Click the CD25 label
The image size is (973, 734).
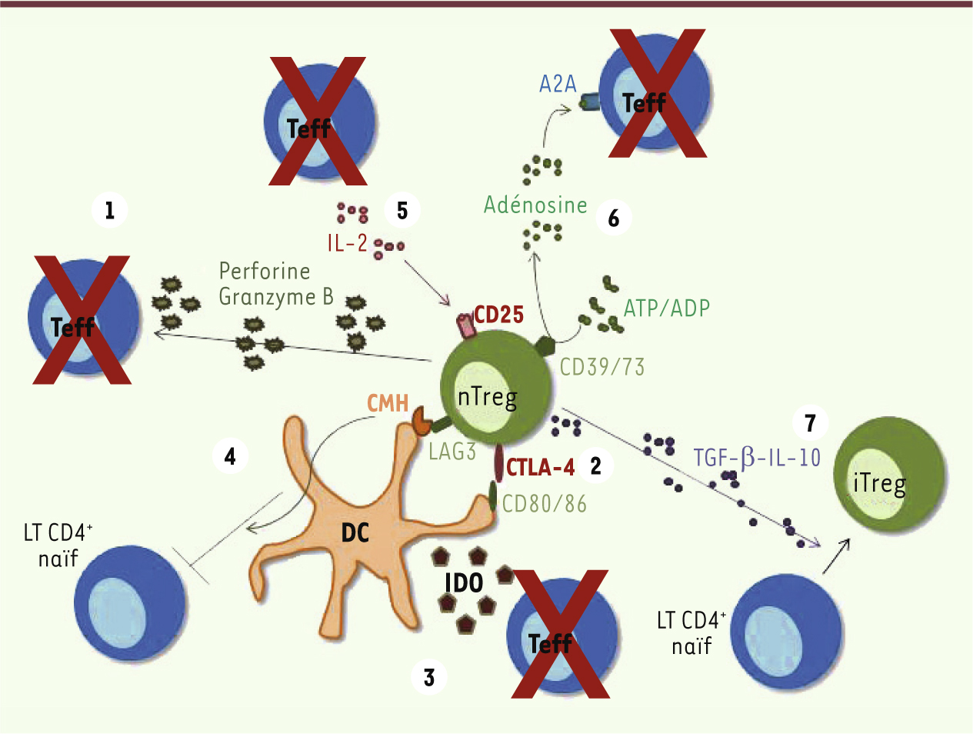pyautogui.click(x=498, y=315)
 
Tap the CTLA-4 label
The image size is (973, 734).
pyautogui.click(x=541, y=467)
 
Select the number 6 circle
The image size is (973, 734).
pyautogui.click(x=614, y=218)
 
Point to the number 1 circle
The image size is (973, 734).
pyautogui.click(x=109, y=209)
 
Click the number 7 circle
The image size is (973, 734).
pyautogui.click(x=810, y=423)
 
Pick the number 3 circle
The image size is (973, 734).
pyautogui.click(x=428, y=677)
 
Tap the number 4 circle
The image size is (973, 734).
pyautogui.click(x=230, y=456)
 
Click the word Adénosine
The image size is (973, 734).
pyautogui.click(x=535, y=205)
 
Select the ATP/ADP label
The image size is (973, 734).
pyautogui.click(x=667, y=308)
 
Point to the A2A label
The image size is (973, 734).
pyautogui.click(x=558, y=84)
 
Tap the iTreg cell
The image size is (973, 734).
pyautogui.click(x=890, y=474)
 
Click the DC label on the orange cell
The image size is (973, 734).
pyautogui.click(x=355, y=532)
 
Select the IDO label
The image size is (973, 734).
pyautogui.click(x=464, y=583)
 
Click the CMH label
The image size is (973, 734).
pyautogui.click(x=388, y=403)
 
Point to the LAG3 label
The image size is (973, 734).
pyautogui.click(x=452, y=452)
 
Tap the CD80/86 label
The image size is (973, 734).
pyautogui.click(x=545, y=504)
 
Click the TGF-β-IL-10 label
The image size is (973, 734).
pyautogui.click(x=757, y=458)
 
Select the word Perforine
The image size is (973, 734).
pyautogui.click(x=265, y=271)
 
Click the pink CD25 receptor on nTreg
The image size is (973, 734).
pyautogui.click(x=467, y=325)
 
